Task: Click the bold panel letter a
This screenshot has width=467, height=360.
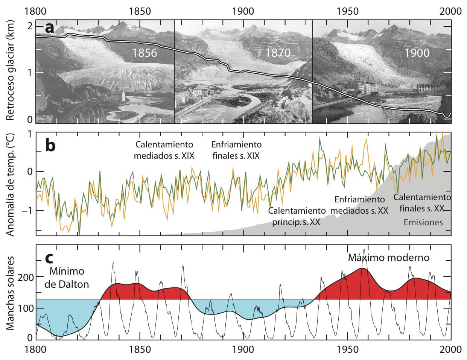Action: tap(50, 28)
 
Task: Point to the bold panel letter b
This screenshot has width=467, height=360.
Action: tap(51, 146)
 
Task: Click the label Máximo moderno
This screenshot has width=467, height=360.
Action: tap(388, 258)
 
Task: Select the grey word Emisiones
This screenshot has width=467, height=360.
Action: tap(423, 222)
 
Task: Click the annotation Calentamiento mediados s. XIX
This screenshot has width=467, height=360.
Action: tap(164, 150)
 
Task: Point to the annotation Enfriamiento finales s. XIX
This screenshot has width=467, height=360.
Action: tap(236, 150)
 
